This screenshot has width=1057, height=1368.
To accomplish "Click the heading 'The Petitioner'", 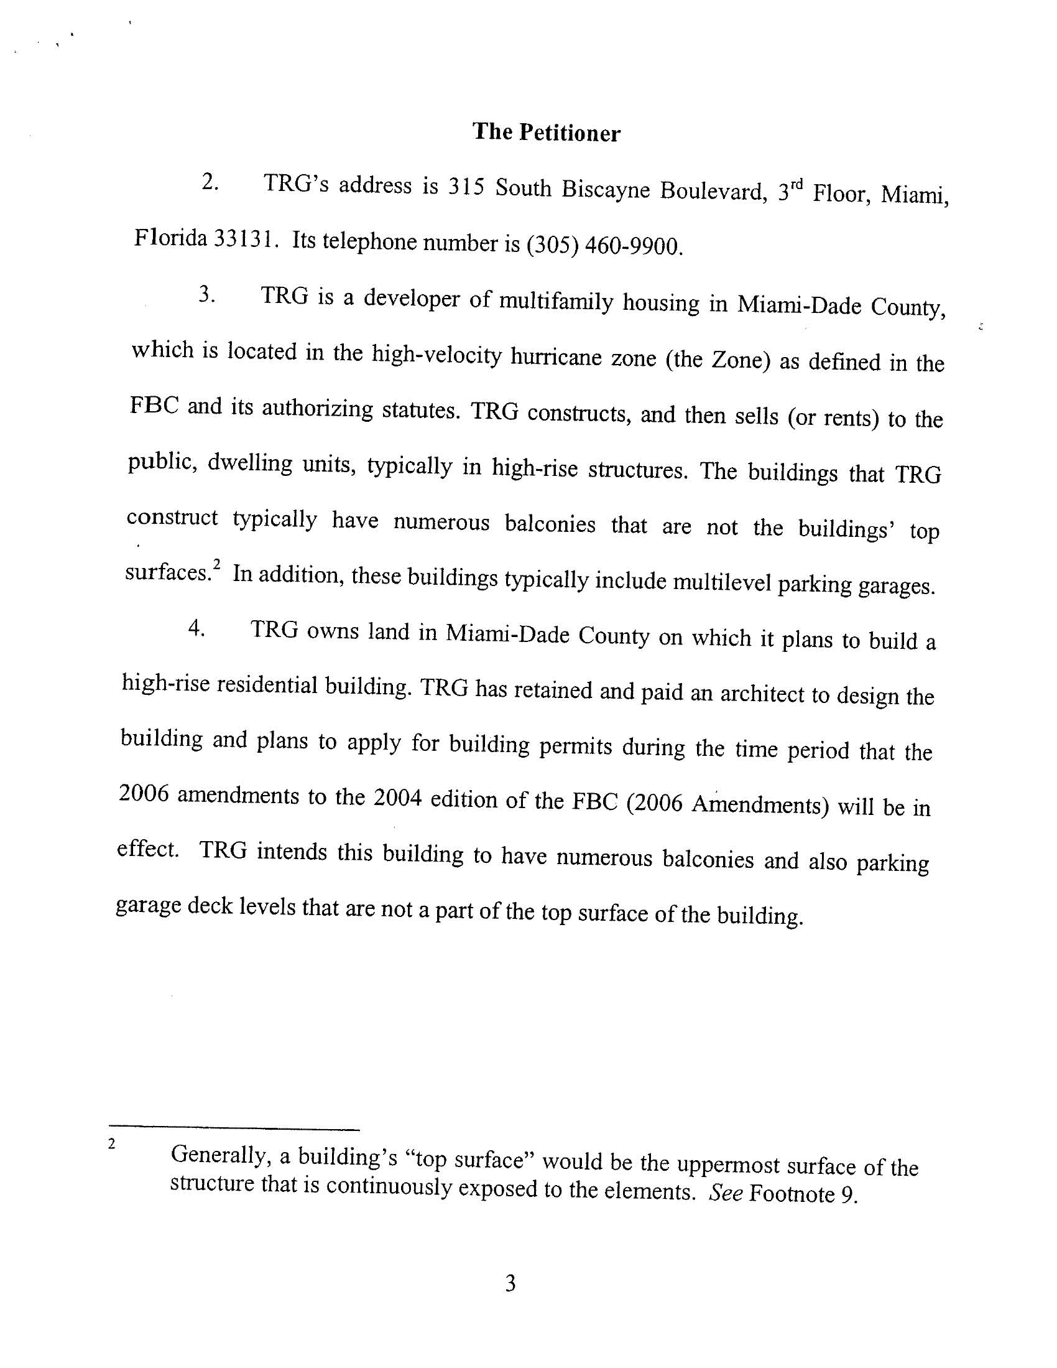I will coord(546,133).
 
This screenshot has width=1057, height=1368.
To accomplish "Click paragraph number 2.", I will coord(210,182).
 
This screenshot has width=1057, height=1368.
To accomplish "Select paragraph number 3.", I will coord(207,294).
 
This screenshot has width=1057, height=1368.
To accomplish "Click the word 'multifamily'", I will coord(555,301).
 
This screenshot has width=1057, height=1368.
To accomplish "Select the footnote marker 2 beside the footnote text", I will coord(111,1144).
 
